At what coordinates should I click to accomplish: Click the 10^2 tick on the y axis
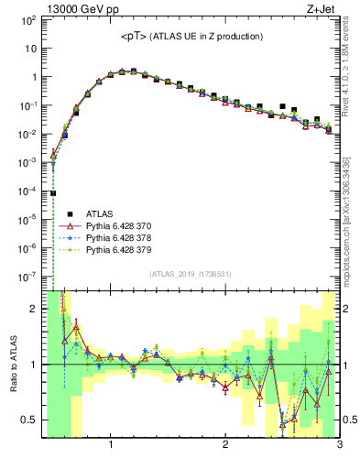pos(27,20)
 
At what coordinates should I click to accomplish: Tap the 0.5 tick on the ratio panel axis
pos(28,420)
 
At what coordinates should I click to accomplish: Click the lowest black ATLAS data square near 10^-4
pos(53,193)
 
